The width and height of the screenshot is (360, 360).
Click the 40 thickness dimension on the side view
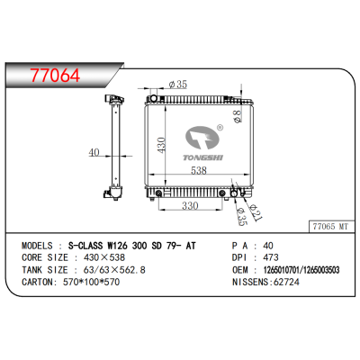(94, 152)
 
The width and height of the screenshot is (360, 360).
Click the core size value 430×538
(97, 256)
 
